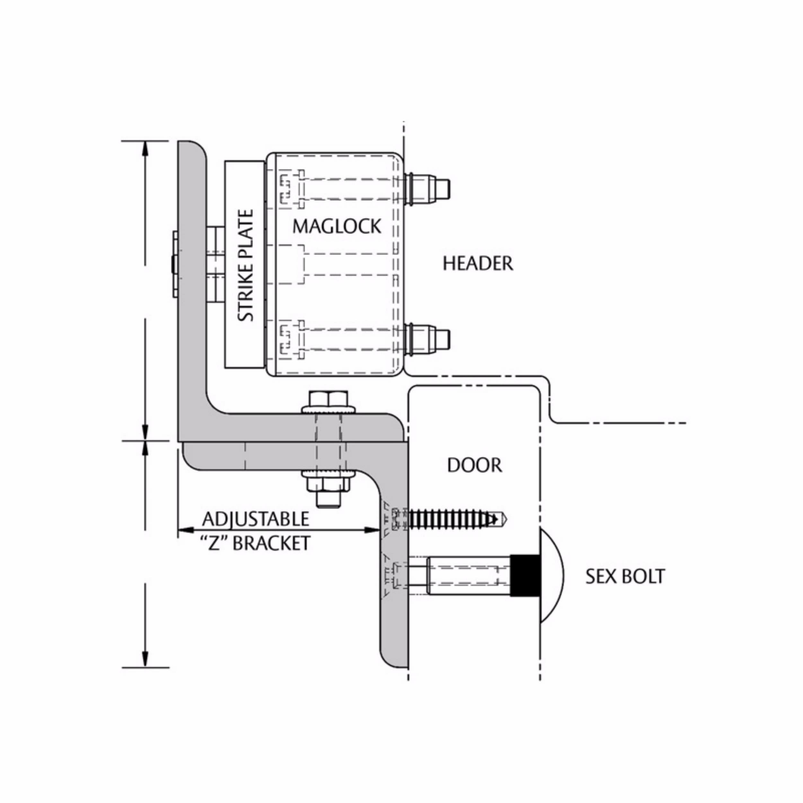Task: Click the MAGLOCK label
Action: point(337,226)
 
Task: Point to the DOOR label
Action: point(474,465)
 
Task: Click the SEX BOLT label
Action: point(625,577)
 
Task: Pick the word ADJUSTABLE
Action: point(256,519)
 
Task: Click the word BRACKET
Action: point(271,543)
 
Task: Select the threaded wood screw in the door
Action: point(453,519)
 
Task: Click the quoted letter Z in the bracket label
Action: point(214,543)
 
